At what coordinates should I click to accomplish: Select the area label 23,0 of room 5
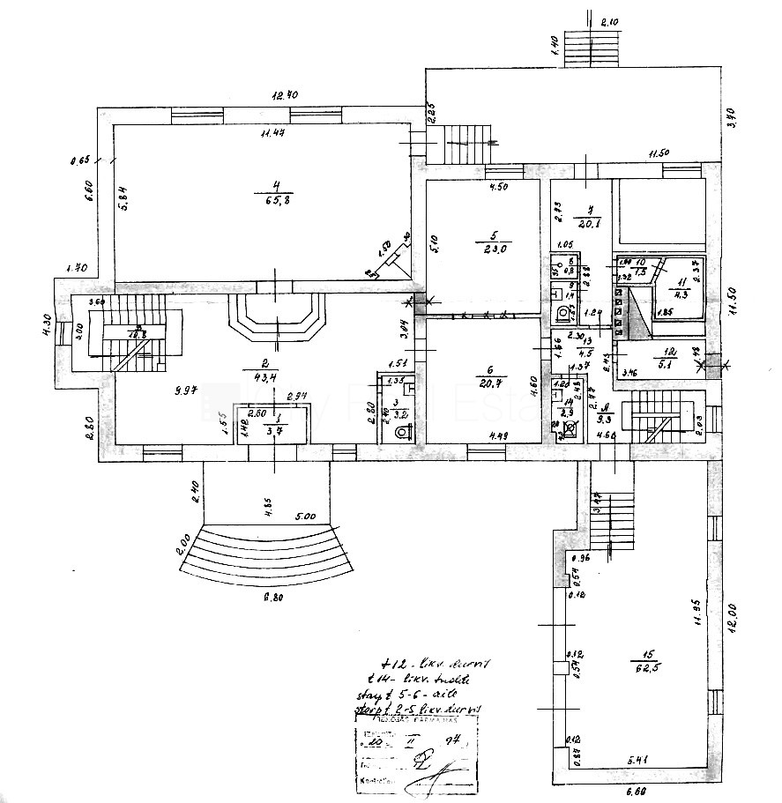(494, 249)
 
